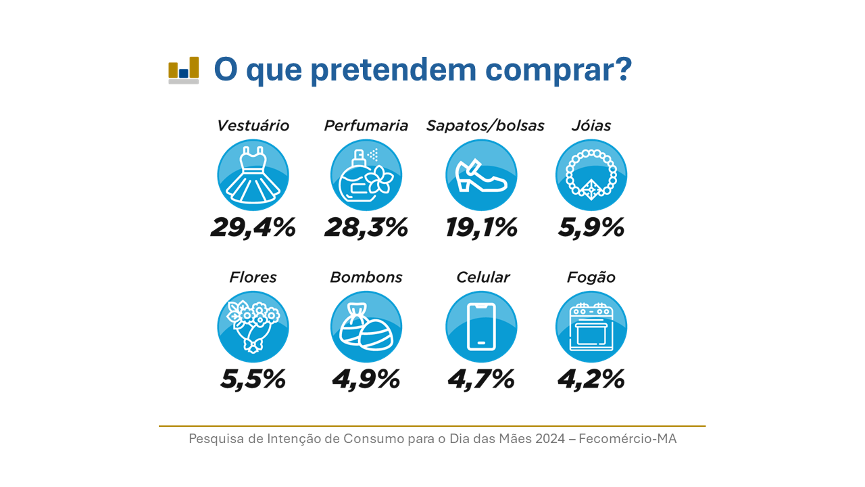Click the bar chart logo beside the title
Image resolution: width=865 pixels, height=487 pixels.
pyautogui.click(x=183, y=70)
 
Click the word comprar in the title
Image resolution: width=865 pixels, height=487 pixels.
pyautogui.click(x=558, y=71)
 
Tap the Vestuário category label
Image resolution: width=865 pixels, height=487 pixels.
pyautogui.click(x=253, y=126)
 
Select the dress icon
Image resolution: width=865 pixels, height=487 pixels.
pyautogui.click(x=253, y=175)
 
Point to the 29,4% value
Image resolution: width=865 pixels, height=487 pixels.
pyautogui.click(x=253, y=227)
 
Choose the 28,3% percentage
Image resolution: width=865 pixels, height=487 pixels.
pyautogui.click(x=366, y=227)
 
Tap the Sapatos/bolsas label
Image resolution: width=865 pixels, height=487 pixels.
pyautogui.click(x=485, y=126)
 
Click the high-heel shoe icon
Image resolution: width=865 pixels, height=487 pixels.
pyautogui.click(x=481, y=175)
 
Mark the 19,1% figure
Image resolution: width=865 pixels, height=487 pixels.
pyautogui.click(x=481, y=227)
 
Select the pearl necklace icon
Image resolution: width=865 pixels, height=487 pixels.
pyautogui.click(x=591, y=175)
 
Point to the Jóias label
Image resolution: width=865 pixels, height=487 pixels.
pyautogui.click(x=591, y=126)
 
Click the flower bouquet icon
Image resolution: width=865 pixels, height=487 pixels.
pyautogui.click(x=253, y=327)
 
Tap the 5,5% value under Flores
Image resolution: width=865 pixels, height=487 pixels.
pyautogui.click(x=253, y=379)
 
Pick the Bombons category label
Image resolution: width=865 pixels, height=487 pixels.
pyautogui.click(x=366, y=277)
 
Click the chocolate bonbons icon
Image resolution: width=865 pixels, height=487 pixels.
pyautogui.click(x=366, y=327)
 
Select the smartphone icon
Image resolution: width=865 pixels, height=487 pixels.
pyautogui.click(x=481, y=327)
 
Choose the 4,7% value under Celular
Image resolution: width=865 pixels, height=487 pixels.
pyautogui.click(x=481, y=379)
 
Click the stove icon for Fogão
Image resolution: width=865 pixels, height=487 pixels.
pyautogui.click(x=591, y=327)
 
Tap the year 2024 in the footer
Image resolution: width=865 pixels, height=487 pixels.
pyautogui.click(x=550, y=439)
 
